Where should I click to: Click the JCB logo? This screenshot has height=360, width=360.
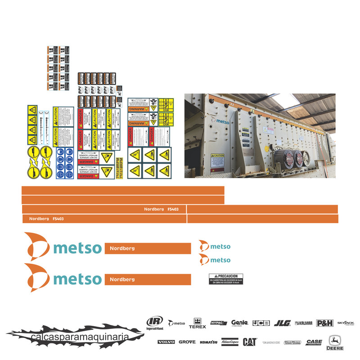point(261,323)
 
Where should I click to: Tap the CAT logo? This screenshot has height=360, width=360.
point(250,342)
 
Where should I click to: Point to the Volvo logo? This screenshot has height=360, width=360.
point(166,342)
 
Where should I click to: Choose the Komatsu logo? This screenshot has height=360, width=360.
point(209,342)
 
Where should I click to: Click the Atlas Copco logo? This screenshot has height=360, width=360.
point(230,342)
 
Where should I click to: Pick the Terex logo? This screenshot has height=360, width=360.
point(197,323)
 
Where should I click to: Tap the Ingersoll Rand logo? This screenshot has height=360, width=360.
point(155,323)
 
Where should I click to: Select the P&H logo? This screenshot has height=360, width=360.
point(324,323)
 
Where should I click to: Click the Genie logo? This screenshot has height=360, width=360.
point(240,323)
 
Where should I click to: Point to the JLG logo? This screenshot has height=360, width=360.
point(282,323)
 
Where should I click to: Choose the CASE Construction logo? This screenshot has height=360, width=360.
point(314,342)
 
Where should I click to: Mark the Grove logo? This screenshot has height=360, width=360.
point(187,342)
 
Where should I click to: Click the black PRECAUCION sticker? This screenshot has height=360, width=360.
point(226,279)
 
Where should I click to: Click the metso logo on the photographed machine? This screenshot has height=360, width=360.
point(223,121)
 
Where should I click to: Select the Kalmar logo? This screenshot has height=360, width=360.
point(304,323)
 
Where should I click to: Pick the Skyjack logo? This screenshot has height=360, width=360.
point(346,323)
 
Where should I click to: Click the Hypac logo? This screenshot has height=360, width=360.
point(219,323)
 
